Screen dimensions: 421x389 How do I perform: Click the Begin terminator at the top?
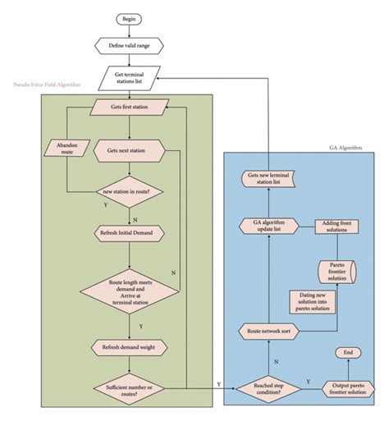point(130,18)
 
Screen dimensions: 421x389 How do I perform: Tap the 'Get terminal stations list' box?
point(130,78)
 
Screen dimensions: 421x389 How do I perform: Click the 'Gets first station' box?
point(130,108)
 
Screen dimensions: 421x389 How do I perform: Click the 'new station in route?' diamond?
point(130,191)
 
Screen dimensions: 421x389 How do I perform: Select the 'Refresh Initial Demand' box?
point(130,231)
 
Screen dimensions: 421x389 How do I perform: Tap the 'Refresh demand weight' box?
point(130,347)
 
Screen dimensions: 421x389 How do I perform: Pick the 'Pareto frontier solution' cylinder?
point(336,272)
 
